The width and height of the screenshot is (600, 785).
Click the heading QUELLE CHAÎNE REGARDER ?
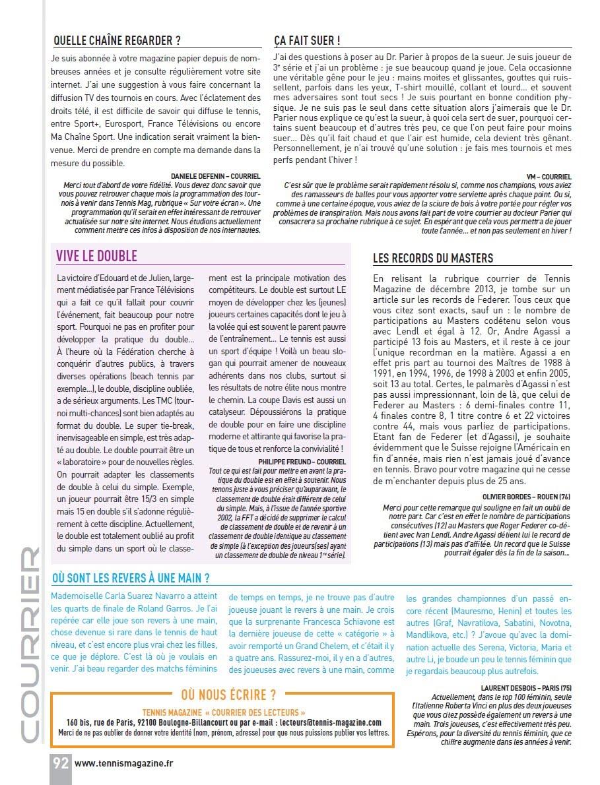point(117,40)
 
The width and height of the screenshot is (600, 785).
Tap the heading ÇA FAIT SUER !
point(307,40)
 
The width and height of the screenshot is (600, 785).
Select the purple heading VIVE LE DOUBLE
point(96,255)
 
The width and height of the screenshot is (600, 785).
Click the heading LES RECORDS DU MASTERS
point(432,258)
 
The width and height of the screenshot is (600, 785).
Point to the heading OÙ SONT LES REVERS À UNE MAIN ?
point(131,578)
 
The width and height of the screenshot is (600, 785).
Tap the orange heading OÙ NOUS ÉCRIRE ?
point(228,695)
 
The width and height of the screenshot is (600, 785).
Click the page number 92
point(61,763)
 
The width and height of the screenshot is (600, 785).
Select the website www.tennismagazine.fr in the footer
point(124,764)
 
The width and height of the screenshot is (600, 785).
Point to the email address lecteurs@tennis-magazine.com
point(331,722)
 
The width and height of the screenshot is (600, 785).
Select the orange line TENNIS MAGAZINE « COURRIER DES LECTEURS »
point(224,712)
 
